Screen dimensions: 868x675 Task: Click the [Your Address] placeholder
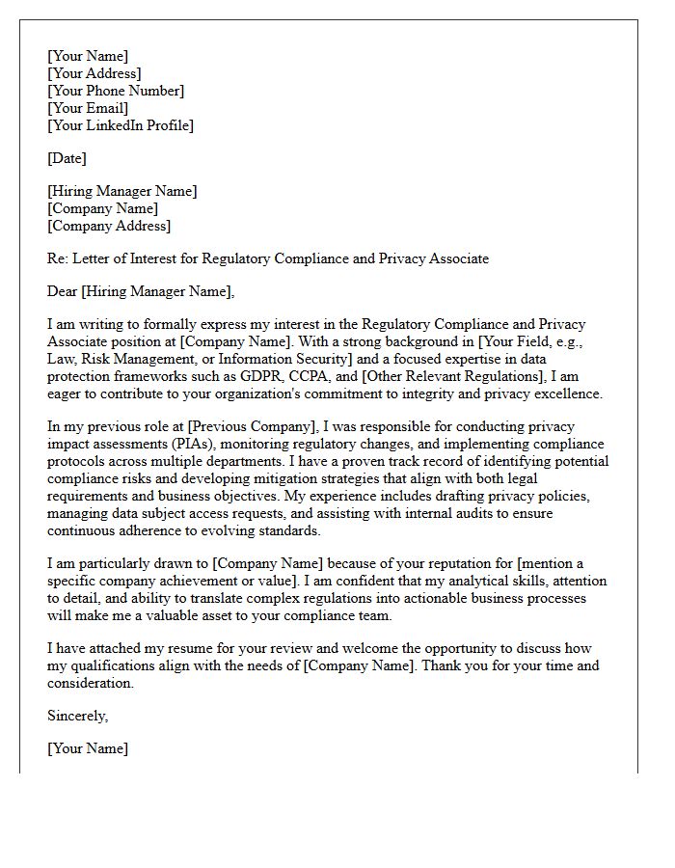94,73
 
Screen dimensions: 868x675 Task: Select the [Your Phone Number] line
116,91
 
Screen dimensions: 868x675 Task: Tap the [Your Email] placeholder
88,108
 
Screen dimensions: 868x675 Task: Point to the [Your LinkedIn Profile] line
121,125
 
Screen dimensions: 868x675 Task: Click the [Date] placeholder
67,158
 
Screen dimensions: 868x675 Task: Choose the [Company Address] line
109,226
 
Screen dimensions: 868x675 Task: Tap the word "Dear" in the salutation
63,291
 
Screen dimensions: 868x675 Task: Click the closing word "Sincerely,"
78,716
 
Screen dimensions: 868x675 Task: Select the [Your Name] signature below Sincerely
88,748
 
